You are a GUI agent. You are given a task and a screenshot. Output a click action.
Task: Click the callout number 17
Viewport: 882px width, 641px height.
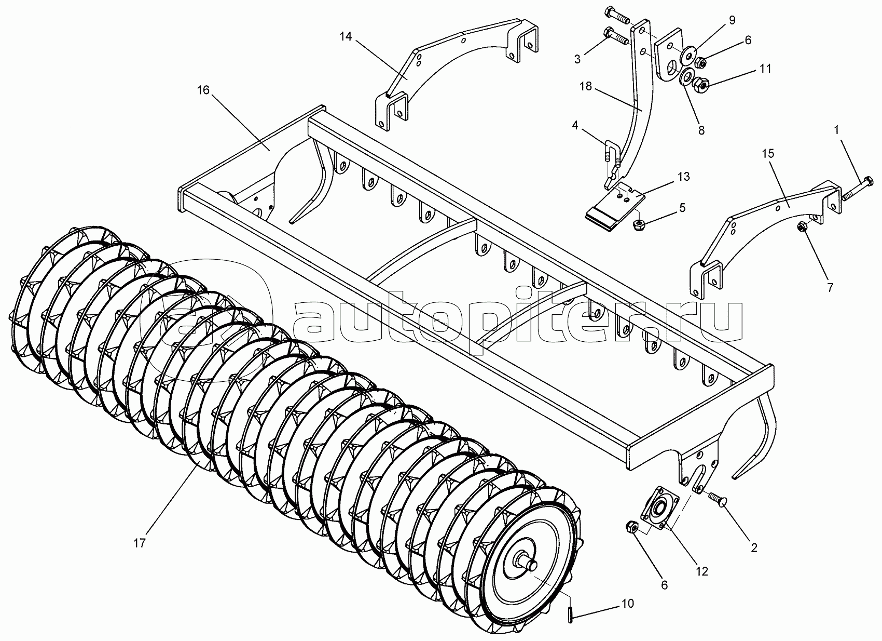click(x=139, y=543)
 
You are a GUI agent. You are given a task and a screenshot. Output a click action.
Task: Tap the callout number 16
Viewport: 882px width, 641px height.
click(x=203, y=90)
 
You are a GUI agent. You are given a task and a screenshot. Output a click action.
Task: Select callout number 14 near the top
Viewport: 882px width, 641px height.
click(x=346, y=36)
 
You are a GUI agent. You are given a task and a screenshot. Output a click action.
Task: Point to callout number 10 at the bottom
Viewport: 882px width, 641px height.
click(x=627, y=604)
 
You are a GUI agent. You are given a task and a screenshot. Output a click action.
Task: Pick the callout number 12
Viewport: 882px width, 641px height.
click(x=701, y=571)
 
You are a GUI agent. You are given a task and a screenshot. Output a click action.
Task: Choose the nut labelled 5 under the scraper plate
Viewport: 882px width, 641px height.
click(x=639, y=224)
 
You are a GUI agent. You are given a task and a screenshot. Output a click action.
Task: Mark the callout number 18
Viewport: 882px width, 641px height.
click(x=585, y=86)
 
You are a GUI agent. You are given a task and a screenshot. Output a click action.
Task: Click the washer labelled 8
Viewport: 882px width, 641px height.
click(x=686, y=78)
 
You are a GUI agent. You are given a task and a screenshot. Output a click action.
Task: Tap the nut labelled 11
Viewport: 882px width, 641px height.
click(x=702, y=83)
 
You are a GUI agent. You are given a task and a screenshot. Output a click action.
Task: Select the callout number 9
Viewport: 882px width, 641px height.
click(x=732, y=20)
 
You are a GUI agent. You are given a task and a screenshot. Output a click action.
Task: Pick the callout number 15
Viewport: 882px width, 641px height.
click(x=768, y=154)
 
